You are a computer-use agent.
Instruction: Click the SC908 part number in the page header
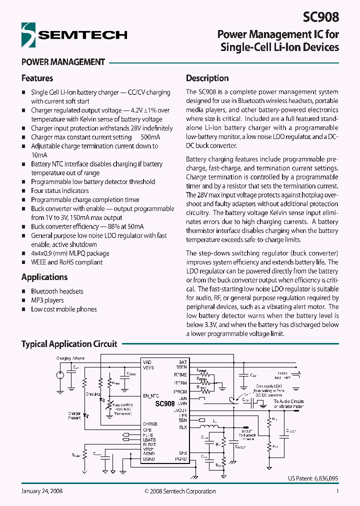coord(320,16)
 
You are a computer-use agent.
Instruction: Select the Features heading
coord(37,78)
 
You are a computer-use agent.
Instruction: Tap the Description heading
coord(207,78)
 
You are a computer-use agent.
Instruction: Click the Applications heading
coord(44,277)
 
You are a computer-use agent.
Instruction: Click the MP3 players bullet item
coord(47,300)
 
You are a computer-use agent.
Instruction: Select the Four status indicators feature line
coord(60,191)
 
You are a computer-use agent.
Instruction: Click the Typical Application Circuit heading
coord(69,344)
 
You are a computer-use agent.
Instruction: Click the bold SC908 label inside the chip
coord(164,403)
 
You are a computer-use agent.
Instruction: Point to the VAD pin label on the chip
coord(146,361)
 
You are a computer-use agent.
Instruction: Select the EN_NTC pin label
coord(150,395)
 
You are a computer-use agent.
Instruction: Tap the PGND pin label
coord(181,458)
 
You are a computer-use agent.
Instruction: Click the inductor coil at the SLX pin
coord(205,426)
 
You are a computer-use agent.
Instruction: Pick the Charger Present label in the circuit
coord(74,416)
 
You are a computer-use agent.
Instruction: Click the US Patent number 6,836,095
coord(312,478)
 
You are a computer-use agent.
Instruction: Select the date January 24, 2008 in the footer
coord(42,491)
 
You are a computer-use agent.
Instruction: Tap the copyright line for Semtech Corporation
coord(180,491)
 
